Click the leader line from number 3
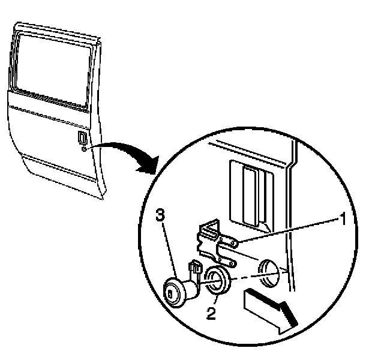[x=169, y=246]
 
